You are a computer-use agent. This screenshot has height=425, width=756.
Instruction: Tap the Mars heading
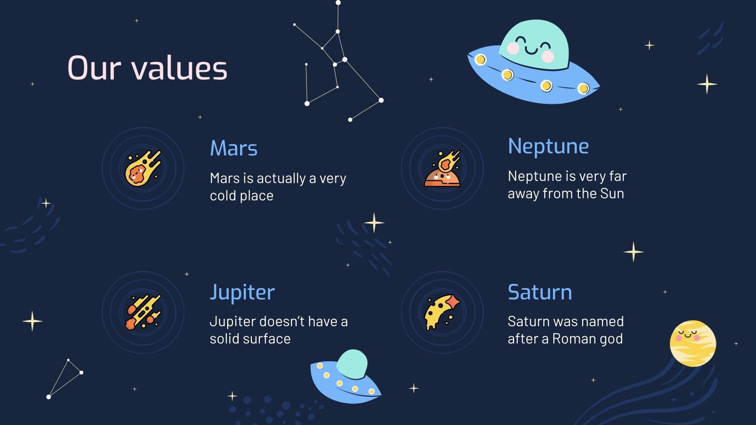pyautogui.click(x=233, y=148)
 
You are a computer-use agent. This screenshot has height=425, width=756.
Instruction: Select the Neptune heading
pyautogui.click(x=548, y=146)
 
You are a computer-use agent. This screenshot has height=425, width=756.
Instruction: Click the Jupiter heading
pyautogui.click(x=242, y=292)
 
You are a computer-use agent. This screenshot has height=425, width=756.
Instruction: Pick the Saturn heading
pyautogui.click(x=540, y=292)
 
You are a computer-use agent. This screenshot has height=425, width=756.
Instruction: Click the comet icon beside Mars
pyautogui.click(x=143, y=168)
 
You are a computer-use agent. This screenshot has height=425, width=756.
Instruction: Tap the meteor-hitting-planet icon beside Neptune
pyautogui.click(x=442, y=169)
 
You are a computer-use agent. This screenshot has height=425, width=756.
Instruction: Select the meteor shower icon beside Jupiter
pyautogui.click(x=143, y=312)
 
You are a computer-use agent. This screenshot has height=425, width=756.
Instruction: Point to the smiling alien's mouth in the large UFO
pyautogui.click(x=531, y=50)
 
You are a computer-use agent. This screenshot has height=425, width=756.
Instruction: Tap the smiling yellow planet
pyautogui.click(x=693, y=344)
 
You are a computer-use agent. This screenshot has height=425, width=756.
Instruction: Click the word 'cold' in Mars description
pyautogui.click(x=223, y=196)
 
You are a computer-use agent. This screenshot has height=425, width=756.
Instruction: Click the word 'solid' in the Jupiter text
pyautogui.click(x=223, y=339)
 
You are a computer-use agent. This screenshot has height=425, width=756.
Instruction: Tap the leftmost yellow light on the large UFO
pyautogui.click(x=481, y=59)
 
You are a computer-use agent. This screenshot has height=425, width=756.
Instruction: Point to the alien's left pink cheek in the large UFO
pyautogui.click(x=513, y=48)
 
